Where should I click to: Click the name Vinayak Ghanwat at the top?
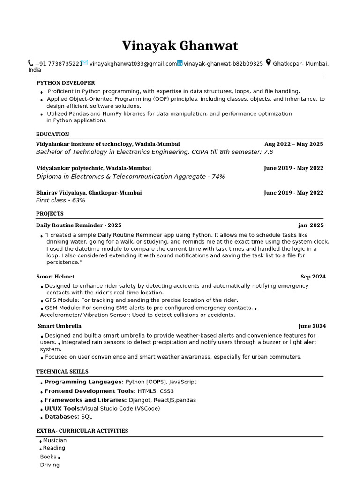click(180, 46)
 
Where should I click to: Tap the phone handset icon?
click(31, 63)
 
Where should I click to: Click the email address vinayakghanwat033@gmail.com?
click(133, 64)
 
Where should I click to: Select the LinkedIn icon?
click(180, 63)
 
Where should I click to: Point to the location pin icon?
click(268, 62)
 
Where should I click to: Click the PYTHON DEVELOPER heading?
click(66, 83)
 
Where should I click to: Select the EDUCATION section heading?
click(52, 135)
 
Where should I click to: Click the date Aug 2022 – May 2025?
click(293, 144)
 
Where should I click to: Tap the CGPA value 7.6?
click(268, 152)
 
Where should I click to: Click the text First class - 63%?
click(60, 201)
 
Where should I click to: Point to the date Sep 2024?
click(313, 277)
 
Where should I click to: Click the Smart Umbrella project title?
click(60, 326)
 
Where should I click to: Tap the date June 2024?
click(312, 326)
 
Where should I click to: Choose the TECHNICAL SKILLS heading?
click(62, 372)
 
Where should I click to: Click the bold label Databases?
click(62, 417)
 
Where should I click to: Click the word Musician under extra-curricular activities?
click(55, 441)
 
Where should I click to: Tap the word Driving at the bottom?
click(50, 465)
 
